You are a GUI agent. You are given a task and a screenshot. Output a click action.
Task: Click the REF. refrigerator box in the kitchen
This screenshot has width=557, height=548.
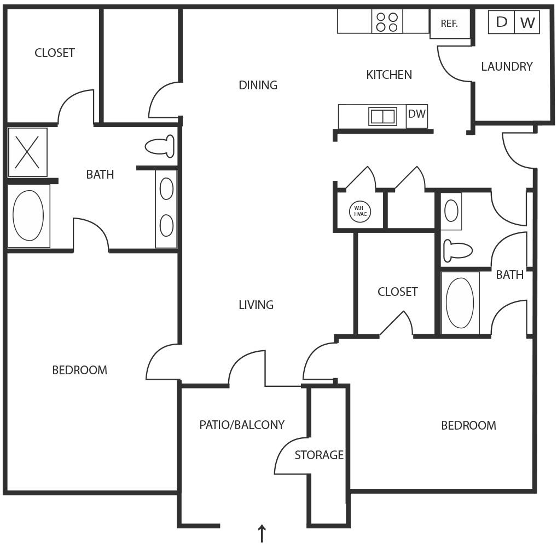(x=449, y=24)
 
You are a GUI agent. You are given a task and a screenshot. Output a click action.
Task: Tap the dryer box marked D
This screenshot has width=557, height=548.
(x=501, y=22)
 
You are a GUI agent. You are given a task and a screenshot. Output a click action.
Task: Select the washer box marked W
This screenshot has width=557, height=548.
(x=527, y=22)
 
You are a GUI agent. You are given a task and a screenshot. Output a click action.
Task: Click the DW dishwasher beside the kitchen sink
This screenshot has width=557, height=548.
(x=417, y=115)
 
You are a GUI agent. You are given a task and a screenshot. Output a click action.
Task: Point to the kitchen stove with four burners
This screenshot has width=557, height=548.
(x=387, y=21)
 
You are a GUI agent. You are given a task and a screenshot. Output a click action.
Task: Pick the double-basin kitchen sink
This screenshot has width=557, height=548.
(x=382, y=116)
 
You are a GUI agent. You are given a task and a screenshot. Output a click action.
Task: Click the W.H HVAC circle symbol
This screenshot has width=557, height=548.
(x=359, y=211)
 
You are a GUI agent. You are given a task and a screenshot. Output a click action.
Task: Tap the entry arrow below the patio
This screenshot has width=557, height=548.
(x=262, y=534)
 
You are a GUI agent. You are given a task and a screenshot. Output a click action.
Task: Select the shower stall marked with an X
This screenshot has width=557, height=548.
(x=27, y=152)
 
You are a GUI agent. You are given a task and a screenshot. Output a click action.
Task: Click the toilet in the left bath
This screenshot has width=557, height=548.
(x=159, y=146)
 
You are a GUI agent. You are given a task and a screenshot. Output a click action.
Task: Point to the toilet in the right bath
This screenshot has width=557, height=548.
(x=457, y=250)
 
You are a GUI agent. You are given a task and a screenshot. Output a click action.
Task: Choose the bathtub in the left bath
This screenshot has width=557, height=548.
(x=28, y=215)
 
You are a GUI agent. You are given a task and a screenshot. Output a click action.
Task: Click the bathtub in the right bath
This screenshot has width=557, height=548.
(x=460, y=302)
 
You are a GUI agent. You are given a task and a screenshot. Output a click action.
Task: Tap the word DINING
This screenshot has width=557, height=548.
(x=258, y=85)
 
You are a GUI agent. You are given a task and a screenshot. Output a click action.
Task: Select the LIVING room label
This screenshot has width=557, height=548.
(x=256, y=305)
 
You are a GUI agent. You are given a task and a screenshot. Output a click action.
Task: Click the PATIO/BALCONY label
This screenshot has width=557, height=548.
(x=242, y=424)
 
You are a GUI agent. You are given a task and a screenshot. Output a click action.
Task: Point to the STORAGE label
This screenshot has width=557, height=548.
(x=319, y=455)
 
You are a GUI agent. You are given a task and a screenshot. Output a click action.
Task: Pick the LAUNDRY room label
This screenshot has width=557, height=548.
(x=507, y=66)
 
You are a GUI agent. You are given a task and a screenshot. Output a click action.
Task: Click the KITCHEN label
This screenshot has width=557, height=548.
(x=389, y=75)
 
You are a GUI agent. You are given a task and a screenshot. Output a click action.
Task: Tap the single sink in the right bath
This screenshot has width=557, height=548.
(x=451, y=210)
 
